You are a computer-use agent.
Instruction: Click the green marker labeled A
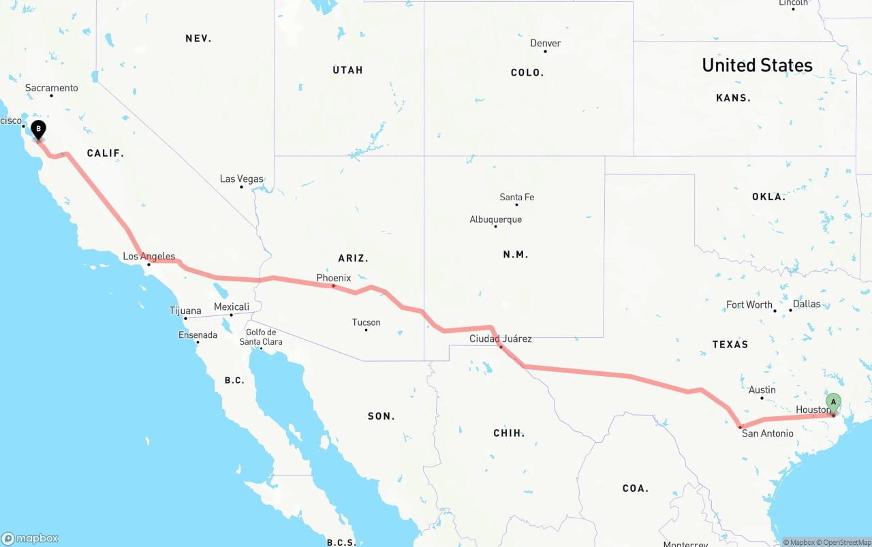click(833, 403)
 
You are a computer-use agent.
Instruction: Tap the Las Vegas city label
click(241, 179)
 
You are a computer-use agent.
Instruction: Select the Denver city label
click(546, 44)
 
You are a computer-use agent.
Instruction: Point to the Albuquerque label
click(495, 219)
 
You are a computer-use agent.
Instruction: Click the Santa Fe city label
click(516, 198)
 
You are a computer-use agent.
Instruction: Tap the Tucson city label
click(366, 322)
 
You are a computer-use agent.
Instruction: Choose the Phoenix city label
click(333, 278)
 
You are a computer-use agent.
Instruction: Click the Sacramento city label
click(52, 88)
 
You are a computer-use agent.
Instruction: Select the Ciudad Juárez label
click(500, 339)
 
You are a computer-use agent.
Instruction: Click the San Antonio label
click(767, 433)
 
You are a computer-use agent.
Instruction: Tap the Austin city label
click(762, 390)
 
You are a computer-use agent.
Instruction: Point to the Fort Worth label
click(749, 304)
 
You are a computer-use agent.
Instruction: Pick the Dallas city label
click(807, 304)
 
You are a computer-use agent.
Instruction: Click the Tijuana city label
click(185, 311)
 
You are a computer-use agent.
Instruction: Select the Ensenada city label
click(198, 335)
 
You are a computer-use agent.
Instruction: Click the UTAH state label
click(347, 70)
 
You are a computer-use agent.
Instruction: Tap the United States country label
click(757, 65)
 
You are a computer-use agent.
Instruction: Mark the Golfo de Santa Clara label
click(261, 337)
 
